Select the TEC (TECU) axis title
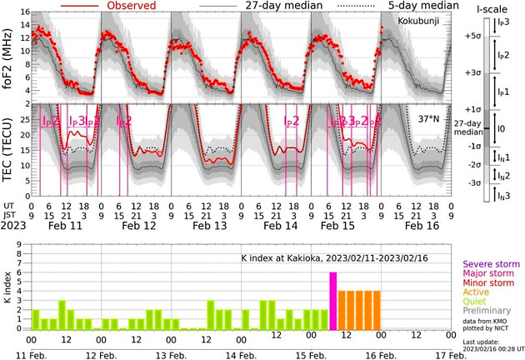point(10,150)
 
